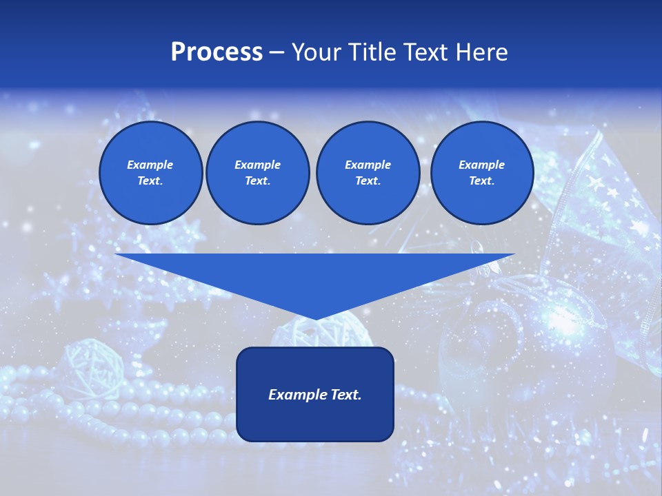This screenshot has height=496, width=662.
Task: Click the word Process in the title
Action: click(217, 52)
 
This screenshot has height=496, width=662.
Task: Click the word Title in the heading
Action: click(370, 52)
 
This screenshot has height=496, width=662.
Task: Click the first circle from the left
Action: click(150, 173)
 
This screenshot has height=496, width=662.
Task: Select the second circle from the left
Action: click(257, 173)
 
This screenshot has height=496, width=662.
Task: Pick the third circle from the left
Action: click(368, 173)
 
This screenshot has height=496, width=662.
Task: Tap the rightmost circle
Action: click(481, 173)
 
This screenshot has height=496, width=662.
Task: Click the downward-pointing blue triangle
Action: click(315, 276)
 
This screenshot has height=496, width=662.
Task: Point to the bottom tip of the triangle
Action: click(315, 319)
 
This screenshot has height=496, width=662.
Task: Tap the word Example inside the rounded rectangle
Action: click(298, 395)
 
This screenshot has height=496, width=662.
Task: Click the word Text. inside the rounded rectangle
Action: click(345, 395)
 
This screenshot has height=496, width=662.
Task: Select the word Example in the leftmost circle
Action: click(150, 165)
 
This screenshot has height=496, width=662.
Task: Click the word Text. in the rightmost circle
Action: click(481, 181)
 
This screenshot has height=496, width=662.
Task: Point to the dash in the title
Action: click(277, 52)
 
